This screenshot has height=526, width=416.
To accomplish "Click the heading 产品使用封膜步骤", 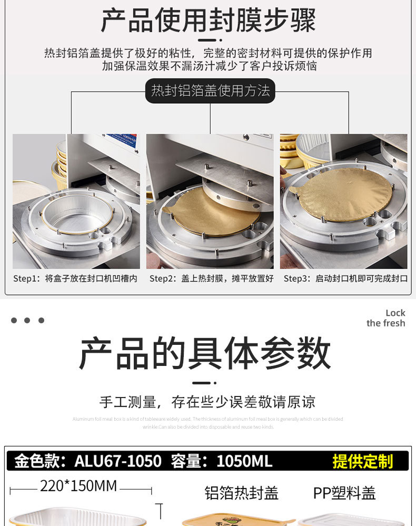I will pyautogui.click(x=208, y=21).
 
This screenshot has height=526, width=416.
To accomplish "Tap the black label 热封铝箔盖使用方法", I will pyautogui.click(x=210, y=91).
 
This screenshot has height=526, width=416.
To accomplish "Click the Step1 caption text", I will pyautogui.click(x=75, y=279).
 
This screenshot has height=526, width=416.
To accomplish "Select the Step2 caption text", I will pyautogui.click(x=211, y=279).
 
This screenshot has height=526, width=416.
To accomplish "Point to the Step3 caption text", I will pyautogui.click(x=345, y=279).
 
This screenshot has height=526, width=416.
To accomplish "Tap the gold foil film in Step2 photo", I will pyautogui.click(x=211, y=211).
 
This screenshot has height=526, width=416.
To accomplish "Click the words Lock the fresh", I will pyautogui.click(x=387, y=318).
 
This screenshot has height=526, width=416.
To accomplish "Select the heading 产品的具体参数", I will pyautogui.click(x=205, y=353).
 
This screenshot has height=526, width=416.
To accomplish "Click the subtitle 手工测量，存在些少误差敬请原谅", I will pyautogui.click(x=207, y=402).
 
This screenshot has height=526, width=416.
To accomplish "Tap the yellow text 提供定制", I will pyautogui.click(x=363, y=462).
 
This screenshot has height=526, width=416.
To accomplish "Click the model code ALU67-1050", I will pyautogui.click(x=118, y=462).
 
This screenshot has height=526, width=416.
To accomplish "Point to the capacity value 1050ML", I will pyautogui.click(x=244, y=462).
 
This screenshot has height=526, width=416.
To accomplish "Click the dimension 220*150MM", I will pyautogui.click(x=78, y=486).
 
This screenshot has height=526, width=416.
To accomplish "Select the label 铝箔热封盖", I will pyautogui.click(x=241, y=493).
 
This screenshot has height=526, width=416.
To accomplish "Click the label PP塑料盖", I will pyautogui.click(x=344, y=493).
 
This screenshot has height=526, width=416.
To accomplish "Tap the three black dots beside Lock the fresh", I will pyautogui.click(x=27, y=320).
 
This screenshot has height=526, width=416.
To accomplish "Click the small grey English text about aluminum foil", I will pyautogui.click(x=207, y=423).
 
